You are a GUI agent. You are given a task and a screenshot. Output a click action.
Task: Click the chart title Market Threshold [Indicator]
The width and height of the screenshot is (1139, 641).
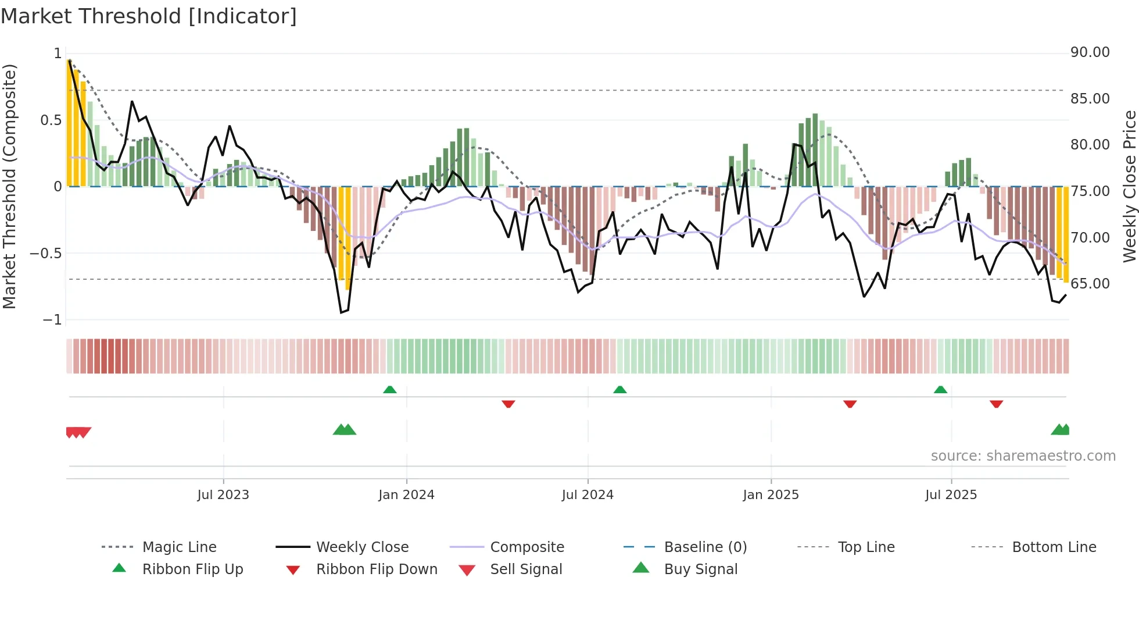149,16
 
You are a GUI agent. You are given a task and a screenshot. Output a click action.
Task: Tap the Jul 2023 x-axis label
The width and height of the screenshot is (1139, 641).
223,495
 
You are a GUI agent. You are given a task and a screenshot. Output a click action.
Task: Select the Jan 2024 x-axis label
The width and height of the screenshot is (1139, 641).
406,495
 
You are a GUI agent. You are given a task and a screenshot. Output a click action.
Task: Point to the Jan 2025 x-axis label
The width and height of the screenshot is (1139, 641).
771,495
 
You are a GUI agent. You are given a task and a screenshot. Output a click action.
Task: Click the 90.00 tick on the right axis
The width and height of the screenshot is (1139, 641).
1090,52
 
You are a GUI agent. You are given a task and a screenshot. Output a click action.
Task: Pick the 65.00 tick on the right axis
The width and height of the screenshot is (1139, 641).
1090,284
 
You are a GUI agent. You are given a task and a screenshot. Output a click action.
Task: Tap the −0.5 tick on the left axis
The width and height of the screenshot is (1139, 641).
46,254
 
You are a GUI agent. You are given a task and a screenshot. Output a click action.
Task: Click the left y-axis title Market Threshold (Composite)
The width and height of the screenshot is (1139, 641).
10,186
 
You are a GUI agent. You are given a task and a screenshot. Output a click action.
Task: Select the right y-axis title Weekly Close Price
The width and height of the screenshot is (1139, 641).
1129,186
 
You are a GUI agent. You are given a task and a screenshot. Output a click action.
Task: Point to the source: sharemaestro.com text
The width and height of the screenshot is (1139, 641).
1023,456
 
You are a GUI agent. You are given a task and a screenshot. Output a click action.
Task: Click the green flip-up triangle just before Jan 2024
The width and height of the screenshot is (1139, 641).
390,390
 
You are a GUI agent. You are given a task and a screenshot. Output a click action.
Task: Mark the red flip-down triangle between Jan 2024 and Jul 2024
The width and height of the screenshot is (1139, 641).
508,404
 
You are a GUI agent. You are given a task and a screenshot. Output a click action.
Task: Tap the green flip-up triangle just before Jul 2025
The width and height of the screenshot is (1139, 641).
940,390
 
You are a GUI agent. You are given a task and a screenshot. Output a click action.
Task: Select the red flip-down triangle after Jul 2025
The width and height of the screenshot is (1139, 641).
996,404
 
